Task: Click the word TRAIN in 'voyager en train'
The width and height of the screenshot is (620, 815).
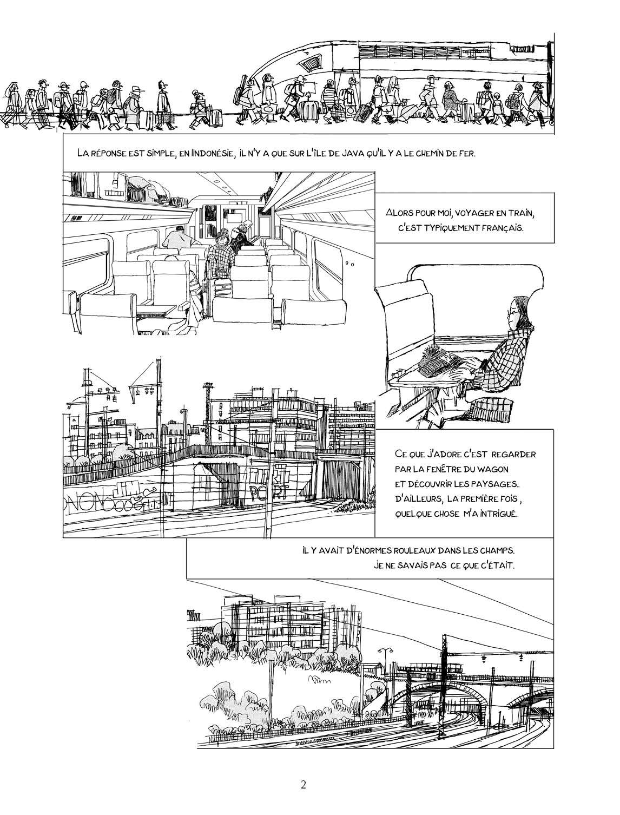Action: [520, 213]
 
